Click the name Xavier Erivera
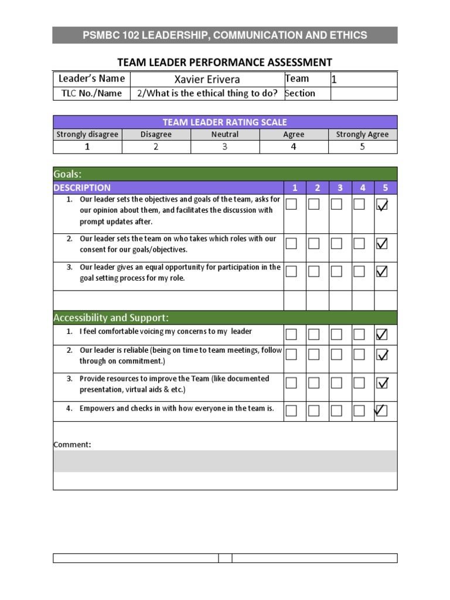tap(207, 79)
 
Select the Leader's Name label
tap(91, 79)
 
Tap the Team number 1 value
tap(335, 79)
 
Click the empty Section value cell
tap(363, 93)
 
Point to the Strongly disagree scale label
tap(87, 134)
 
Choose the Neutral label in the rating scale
tap(225, 134)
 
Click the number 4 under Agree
tap(294, 146)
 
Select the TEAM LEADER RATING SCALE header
tap(225, 122)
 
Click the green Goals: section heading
tap(67, 174)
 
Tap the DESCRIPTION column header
tap(82, 187)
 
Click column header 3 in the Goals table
tap(340, 187)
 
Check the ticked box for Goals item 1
tap(381, 204)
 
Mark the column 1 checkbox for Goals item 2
tap(291, 243)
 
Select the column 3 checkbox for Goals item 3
tap(336, 271)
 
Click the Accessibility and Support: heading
tap(111, 318)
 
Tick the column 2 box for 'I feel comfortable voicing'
tap(314, 334)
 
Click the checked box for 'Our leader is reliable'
tap(381, 354)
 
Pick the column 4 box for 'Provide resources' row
tap(359, 383)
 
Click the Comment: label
tap(72, 444)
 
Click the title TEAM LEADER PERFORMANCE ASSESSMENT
tap(225, 62)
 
